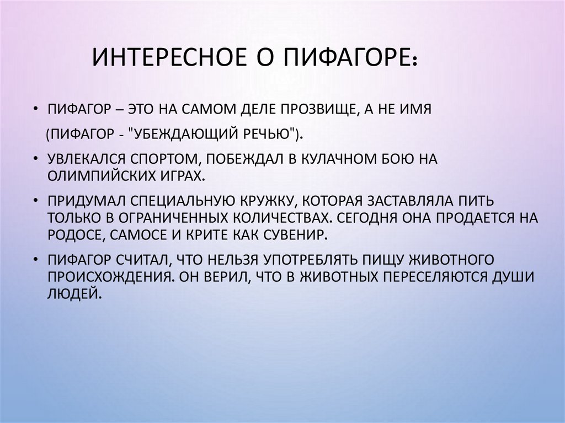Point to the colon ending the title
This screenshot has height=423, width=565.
(414, 61)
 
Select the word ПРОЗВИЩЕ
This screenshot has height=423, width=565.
(313, 109)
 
